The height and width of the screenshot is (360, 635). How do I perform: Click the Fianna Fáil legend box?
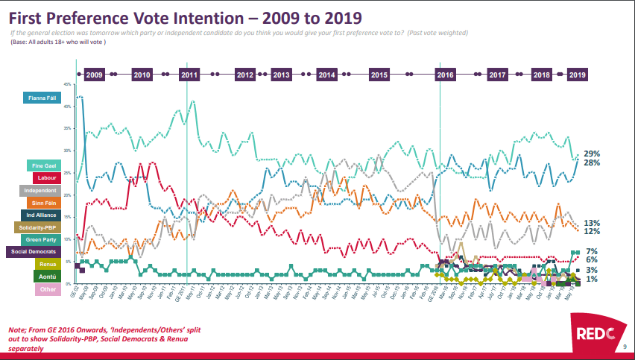click(45, 97)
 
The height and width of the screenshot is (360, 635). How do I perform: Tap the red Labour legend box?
click(46, 177)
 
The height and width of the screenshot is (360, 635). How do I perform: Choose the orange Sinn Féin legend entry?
click(46, 202)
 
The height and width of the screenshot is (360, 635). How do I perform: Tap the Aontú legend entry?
click(46, 277)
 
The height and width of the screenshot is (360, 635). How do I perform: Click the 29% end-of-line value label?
click(593, 153)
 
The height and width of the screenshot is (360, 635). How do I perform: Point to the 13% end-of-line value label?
click(593, 222)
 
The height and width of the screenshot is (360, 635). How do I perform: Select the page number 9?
click(624, 348)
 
